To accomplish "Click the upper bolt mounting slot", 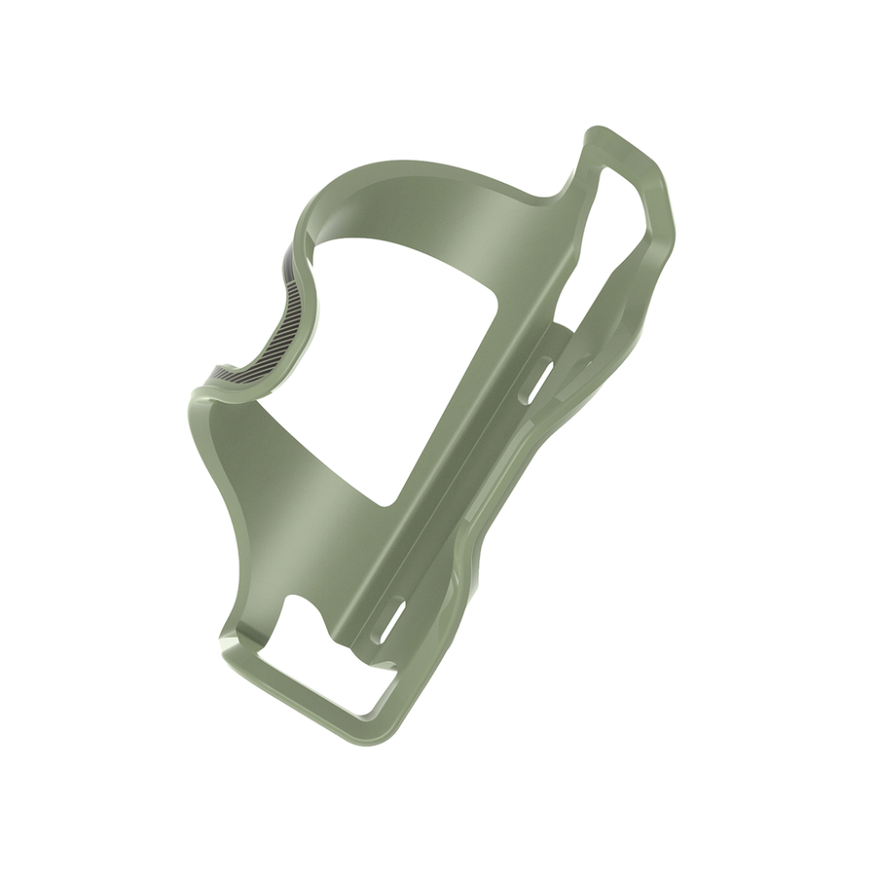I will pyautogui.click(x=535, y=380).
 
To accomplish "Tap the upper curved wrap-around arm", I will pyautogui.click(x=413, y=189).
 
